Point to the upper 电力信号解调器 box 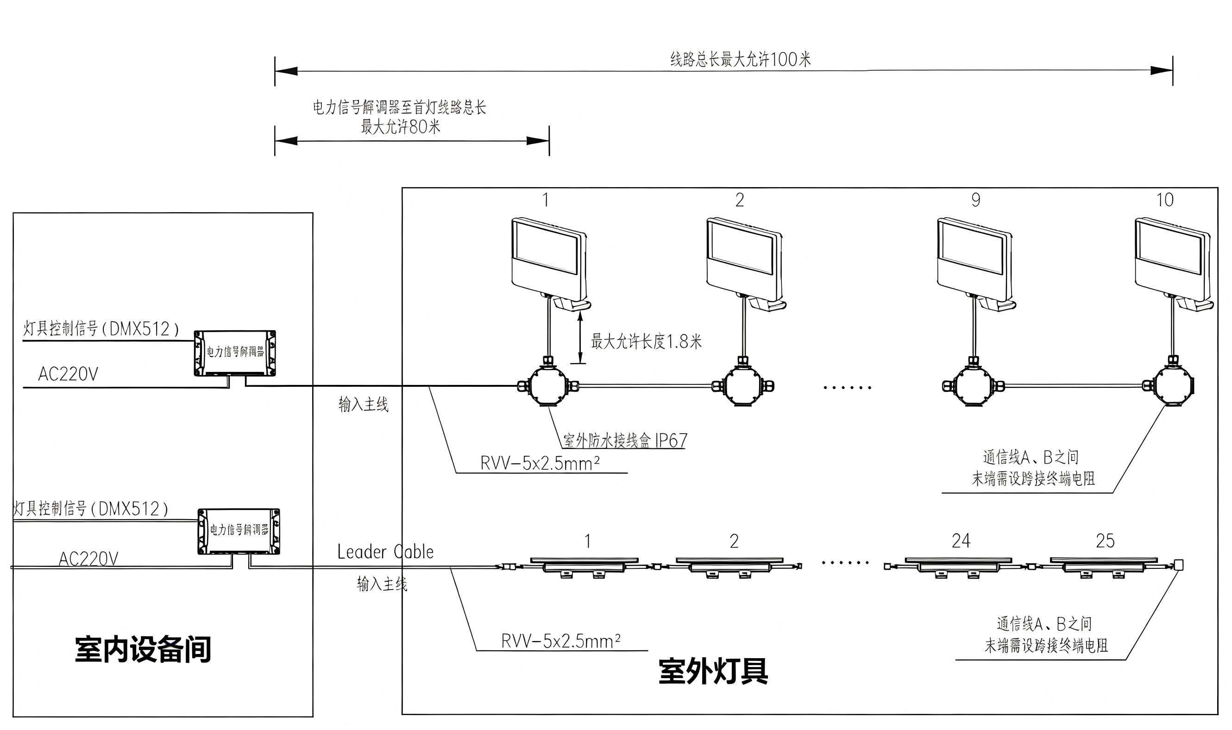(x=235, y=352)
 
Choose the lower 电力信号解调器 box (x=239, y=531)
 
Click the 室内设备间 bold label (x=143, y=649)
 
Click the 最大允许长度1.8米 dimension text (x=646, y=341)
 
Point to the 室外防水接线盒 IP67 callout (x=625, y=440)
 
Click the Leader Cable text (x=385, y=552)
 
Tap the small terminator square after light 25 (x=1178, y=565)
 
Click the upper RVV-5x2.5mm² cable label (x=540, y=463)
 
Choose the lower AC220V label (x=88, y=559)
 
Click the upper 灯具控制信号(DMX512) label (x=101, y=328)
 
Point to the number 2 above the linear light (x=734, y=541)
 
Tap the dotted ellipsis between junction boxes (x=847, y=388)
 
